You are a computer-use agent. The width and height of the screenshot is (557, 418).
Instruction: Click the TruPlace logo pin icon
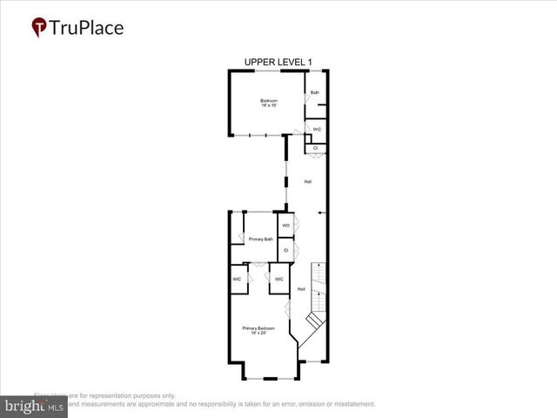coord(38,28)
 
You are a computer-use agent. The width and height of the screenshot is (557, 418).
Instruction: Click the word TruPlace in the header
coord(87,28)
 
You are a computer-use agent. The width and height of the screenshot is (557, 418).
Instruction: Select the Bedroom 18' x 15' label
coord(269,104)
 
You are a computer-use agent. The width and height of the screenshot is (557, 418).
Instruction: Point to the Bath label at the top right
coord(315,93)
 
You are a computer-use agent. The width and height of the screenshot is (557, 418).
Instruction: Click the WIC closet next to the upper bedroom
coord(317,130)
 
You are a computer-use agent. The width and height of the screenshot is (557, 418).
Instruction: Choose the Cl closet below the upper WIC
coord(315,148)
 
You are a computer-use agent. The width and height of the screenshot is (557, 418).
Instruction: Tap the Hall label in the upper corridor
coord(307,182)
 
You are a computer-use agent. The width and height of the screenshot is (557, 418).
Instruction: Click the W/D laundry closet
coord(285,226)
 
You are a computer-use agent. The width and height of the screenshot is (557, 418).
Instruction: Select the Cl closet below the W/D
coord(285,250)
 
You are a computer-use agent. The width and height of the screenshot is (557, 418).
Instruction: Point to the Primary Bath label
coord(261,239)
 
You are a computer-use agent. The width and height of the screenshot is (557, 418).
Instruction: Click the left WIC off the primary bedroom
coord(237,280)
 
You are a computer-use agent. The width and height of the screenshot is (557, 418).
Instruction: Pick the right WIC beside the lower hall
coord(278,280)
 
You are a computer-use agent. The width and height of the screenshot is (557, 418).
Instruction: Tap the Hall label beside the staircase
coord(301,289)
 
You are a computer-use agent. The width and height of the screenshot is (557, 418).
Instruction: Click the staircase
coord(318,296)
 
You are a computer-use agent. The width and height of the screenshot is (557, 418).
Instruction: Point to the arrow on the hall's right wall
coord(321,212)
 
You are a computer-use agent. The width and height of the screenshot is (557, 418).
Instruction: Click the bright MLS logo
coord(35,406)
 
